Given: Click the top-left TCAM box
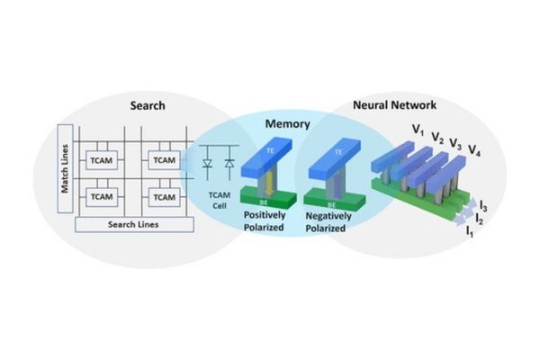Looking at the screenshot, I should click(101, 159).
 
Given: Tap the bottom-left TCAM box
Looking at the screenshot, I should click(101, 195).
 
